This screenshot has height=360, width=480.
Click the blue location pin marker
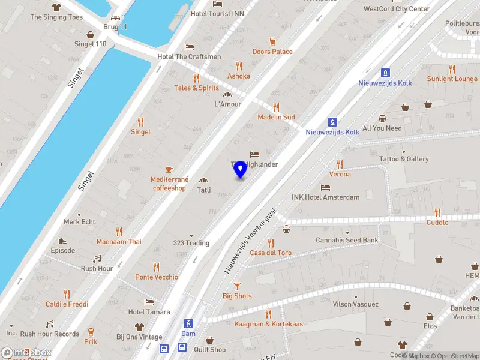[x=241, y=169]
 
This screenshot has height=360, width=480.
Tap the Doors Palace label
[x=272, y=52]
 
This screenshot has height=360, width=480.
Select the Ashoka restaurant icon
[x=239, y=66]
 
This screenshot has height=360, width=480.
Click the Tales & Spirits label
[x=196, y=88]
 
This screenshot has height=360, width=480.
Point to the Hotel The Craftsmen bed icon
[x=190, y=47]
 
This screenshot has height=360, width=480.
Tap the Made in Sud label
[x=276, y=117]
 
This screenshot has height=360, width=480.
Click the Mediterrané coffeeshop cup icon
[x=169, y=169]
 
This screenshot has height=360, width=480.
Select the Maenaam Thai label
[x=119, y=242]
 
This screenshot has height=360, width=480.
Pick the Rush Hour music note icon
[x=97, y=259]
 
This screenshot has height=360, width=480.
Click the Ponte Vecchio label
[x=157, y=277]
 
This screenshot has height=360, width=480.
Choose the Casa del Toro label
[x=271, y=253]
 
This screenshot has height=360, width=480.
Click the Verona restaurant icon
[x=340, y=164]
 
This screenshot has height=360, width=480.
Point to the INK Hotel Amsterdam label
[x=325, y=197]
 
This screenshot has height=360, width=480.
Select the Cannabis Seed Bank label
[x=347, y=241]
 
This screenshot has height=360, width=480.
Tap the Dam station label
[x=188, y=334]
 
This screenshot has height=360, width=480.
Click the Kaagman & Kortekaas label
[x=268, y=324]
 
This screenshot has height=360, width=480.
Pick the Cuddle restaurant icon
[x=437, y=212]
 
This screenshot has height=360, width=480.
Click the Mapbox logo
[x=26, y=353]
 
